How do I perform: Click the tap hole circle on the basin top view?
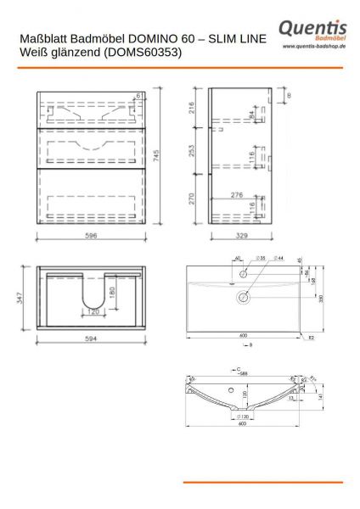244,275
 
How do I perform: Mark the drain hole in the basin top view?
244,297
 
